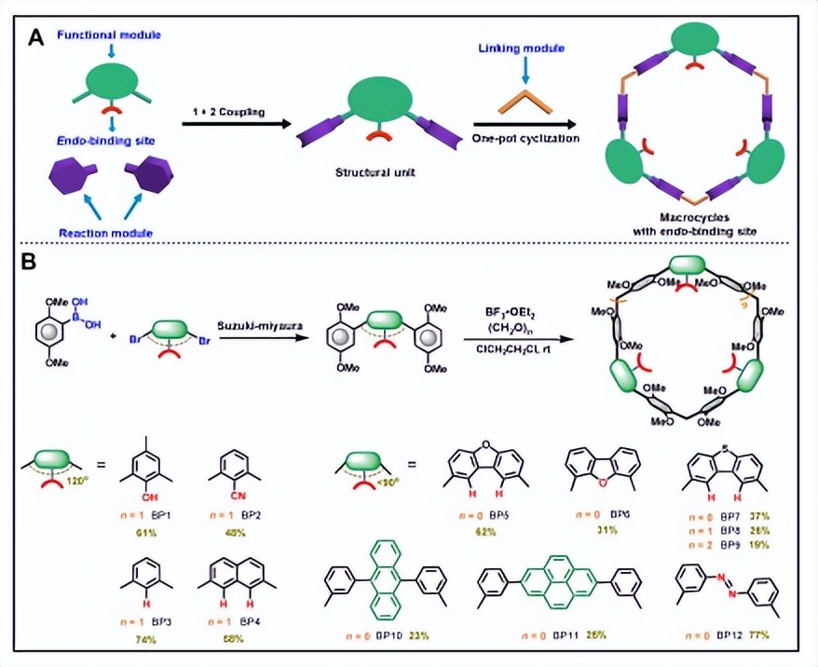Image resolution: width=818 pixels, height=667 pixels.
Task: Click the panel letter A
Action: (x=36, y=39)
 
